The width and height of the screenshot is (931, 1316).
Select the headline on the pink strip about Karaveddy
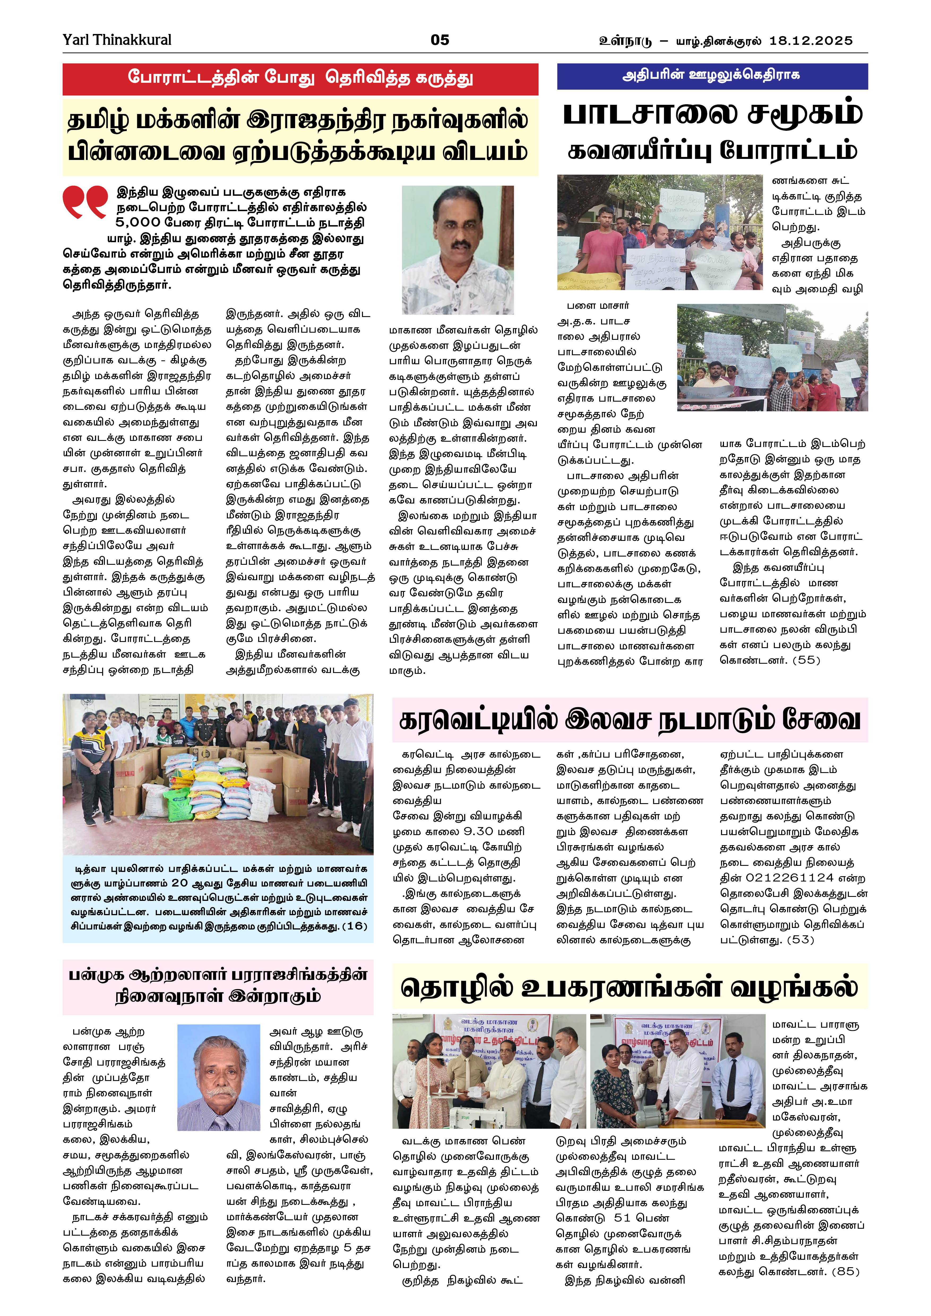coord(630,720)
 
